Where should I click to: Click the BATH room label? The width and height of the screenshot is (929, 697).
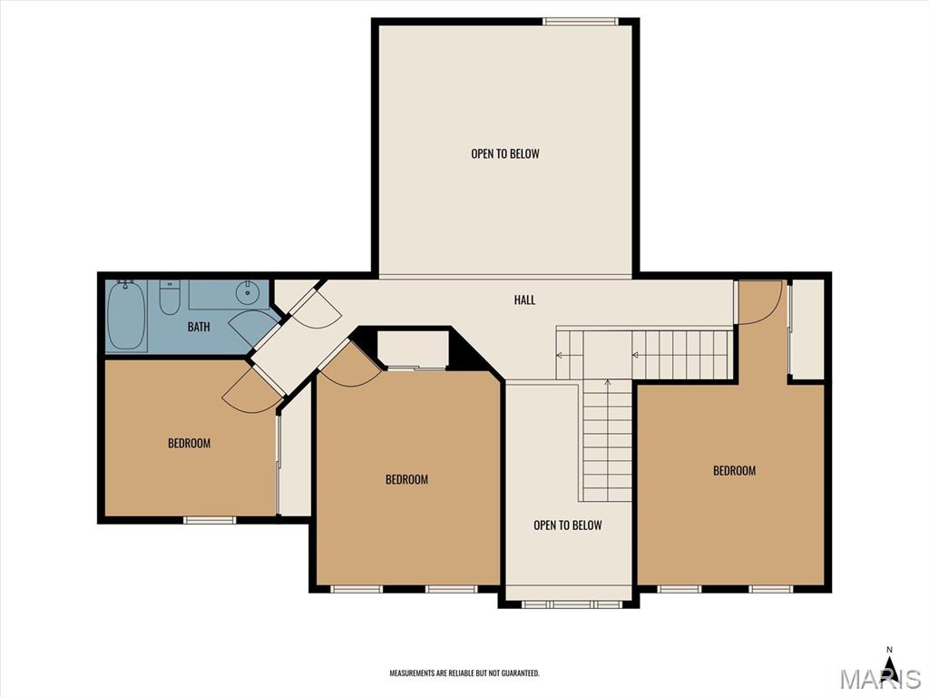(199, 327)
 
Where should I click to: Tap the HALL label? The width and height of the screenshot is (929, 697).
(524, 299)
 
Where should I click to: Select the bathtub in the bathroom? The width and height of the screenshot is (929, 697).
(126, 315)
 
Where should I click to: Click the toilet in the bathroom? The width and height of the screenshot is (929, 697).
(170, 297)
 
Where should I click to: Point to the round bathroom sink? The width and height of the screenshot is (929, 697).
(245, 291)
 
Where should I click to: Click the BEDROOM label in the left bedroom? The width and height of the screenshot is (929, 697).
(189, 443)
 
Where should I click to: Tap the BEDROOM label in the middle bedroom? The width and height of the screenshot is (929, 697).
(406, 479)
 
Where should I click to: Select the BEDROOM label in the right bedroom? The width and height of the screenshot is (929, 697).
(734, 471)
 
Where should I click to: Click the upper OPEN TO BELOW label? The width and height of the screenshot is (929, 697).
(505, 153)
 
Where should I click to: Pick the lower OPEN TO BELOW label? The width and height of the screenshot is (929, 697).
(568, 525)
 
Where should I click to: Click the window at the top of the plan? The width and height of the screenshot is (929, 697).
(581, 22)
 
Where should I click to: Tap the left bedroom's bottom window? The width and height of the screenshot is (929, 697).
(210, 520)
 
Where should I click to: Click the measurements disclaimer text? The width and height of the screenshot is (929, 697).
(464, 673)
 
